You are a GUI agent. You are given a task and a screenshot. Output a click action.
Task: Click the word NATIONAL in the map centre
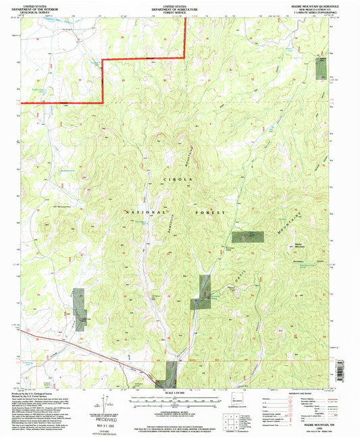point(144,212)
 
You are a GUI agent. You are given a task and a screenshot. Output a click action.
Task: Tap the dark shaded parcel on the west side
point(80,309)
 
